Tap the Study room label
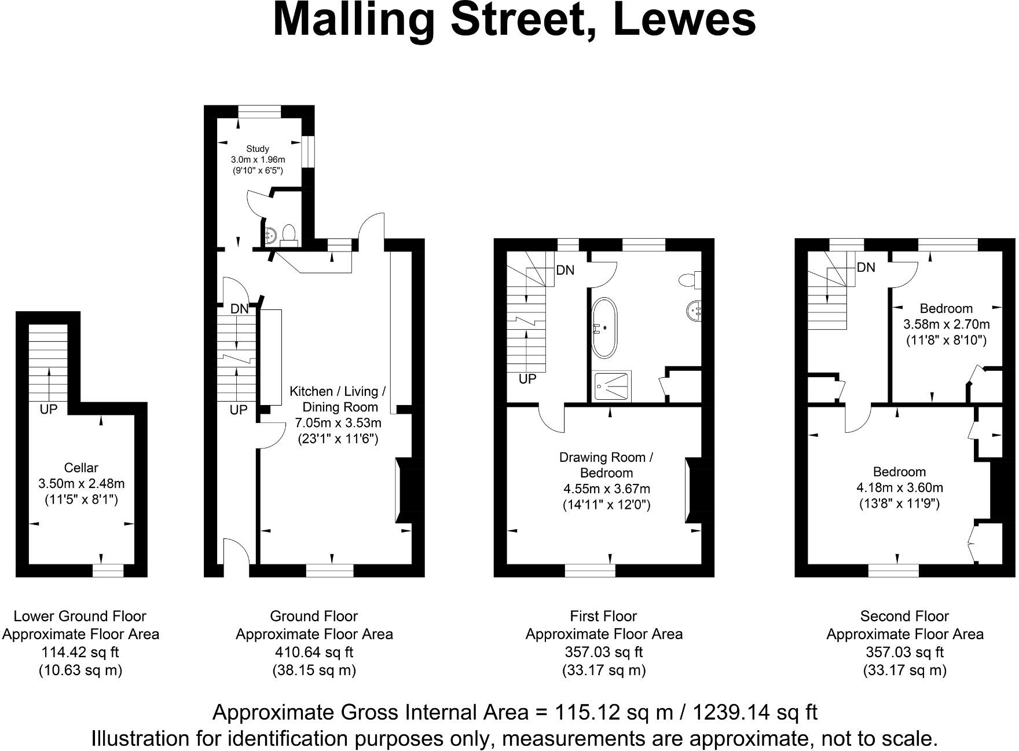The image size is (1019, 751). click(x=258, y=149)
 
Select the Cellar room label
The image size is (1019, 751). click(x=81, y=468)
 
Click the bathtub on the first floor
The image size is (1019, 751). click(x=604, y=327)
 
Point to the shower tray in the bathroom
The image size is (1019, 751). click(x=612, y=387)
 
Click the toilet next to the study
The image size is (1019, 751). click(x=288, y=234)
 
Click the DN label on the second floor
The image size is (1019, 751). click(x=866, y=267)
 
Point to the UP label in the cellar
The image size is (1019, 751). click(x=49, y=410)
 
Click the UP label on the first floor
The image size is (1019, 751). click(x=527, y=379)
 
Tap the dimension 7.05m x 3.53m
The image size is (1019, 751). click(x=339, y=422)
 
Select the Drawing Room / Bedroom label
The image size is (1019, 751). click(x=606, y=465)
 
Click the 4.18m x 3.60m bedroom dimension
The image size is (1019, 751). click(x=899, y=487)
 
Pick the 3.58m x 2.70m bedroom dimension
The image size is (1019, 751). click(x=946, y=324)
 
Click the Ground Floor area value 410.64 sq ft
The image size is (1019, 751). click(x=314, y=652)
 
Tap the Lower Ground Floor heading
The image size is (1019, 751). click(x=80, y=616)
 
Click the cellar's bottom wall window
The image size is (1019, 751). click(x=108, y=571)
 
